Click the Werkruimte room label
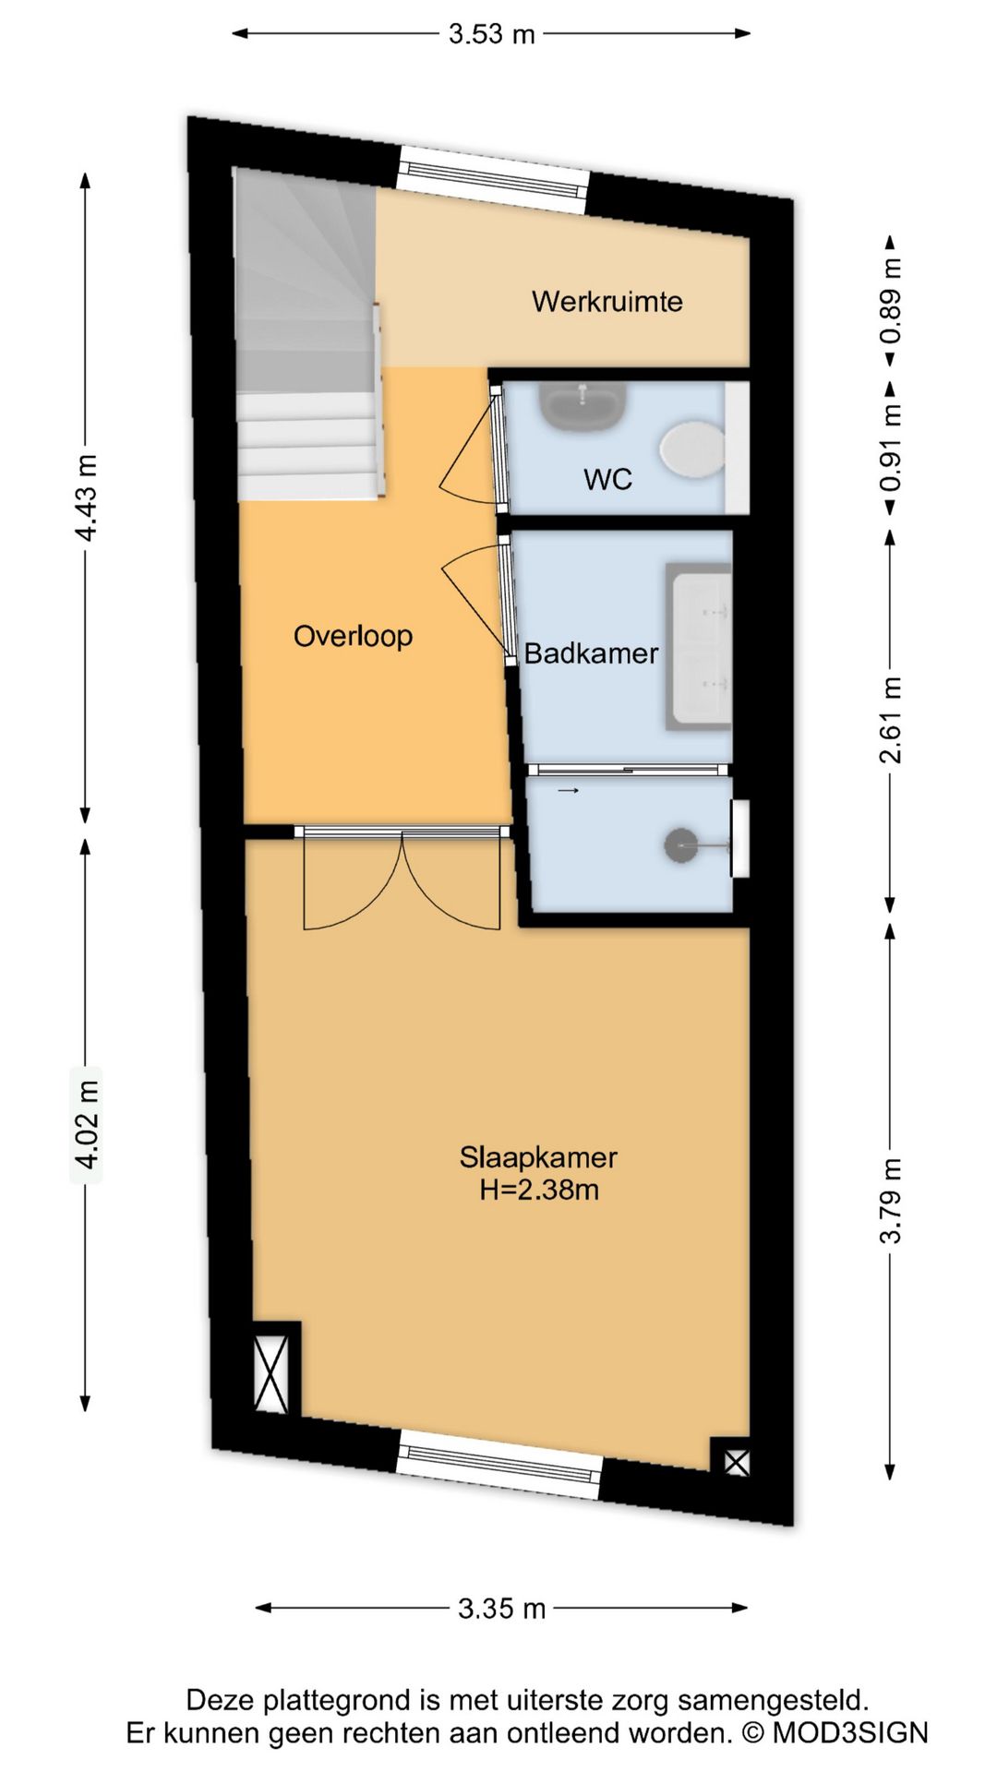point(607,302)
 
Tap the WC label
point(607,479)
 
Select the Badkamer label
point(591,653)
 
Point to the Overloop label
point(353,636)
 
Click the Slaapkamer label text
point(538,1156)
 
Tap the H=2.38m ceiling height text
point(539,1190)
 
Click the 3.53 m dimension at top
point(491,34)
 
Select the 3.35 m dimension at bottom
point(502,1609)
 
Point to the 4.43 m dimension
point(87,498)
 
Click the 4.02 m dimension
point(87,1125)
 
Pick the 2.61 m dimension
point(890,721)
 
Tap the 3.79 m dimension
point(890,1200)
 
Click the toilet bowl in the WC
point(691,450)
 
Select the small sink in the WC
point(583,406)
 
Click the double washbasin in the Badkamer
point(699,647)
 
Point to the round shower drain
point(681,845)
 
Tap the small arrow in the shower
point(568,791)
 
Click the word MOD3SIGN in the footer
point(849,1733)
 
